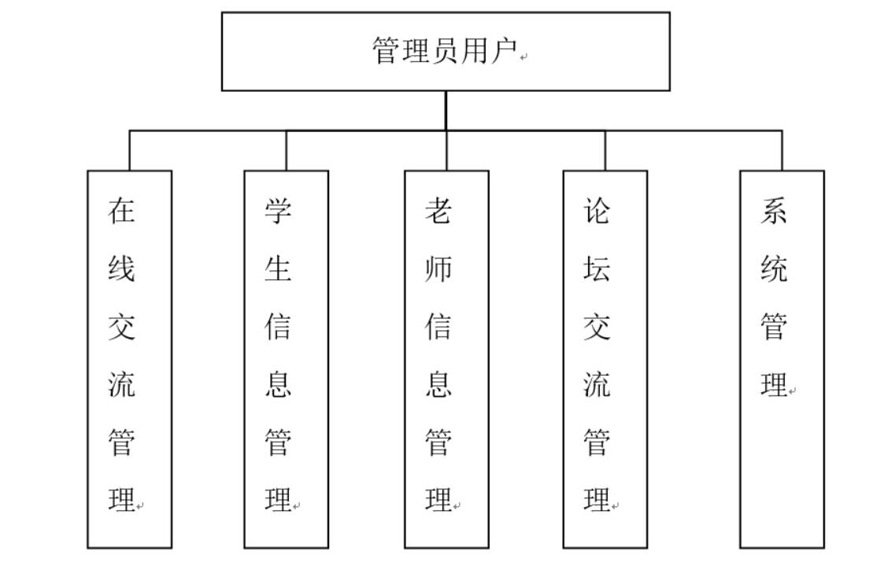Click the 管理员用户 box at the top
(446, 51)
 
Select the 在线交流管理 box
(129, 359)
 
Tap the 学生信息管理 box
(286, 359)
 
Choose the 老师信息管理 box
(446, 359)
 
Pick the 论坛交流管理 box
(605, 359)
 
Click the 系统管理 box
(782, 359)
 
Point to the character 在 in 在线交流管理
(122, 211)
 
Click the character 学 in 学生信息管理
(278, 211)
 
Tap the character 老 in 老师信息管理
(438, 211)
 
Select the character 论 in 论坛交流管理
(597, 211)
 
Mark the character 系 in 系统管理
(774, 211)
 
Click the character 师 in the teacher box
(438, 269)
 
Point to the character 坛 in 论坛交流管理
(597, 269)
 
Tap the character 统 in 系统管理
(774, 269)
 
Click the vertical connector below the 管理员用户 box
(446, 110)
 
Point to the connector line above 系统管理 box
(782, 150)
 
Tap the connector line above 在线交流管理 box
(129, 150)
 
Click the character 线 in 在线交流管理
(122, 269)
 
